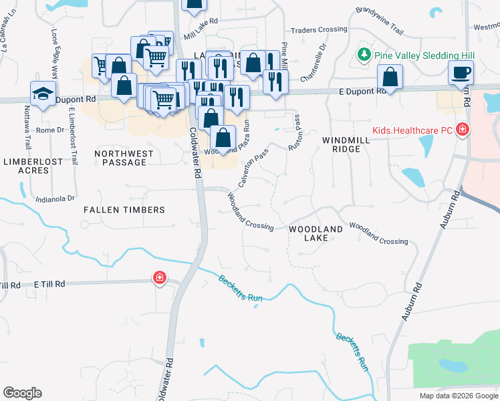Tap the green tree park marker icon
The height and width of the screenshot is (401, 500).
pyautogui.click(x=364, y=53)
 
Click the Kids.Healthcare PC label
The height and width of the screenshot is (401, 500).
pyautogui.click(x=413, y=130)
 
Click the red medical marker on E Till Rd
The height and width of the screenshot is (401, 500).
pyautogui.click(x=159, y=278)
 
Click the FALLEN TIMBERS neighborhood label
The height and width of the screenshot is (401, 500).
pyautogui.click(x=124, y=210)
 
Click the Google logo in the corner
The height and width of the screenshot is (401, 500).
pyautogui.click(x=22, y=393)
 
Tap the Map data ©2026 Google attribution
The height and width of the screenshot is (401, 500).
pyautogui.click(x=458, y=396)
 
